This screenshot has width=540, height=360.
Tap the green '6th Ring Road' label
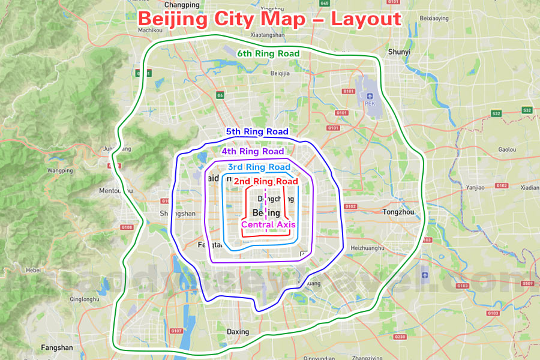[268, 53]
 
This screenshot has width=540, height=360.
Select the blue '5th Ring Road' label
[257, 131]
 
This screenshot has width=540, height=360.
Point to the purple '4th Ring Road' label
[253, 152]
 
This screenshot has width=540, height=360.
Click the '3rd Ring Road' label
[259, 167]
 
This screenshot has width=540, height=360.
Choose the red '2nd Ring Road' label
[266, 181]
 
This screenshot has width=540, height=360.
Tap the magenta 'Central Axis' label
[268, 224]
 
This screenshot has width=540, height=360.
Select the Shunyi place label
[399, 52]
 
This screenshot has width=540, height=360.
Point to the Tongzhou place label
[398, 212]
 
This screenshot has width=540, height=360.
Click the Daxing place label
[238, 332]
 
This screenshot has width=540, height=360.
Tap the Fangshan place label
[57, 347]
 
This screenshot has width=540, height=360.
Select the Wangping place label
[59, 170]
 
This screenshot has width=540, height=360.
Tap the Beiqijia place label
[280, 73]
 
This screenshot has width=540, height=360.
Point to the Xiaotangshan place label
[268, 35]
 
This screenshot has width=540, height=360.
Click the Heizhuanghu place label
[367, 247]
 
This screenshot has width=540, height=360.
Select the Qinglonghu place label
[84, 299]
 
